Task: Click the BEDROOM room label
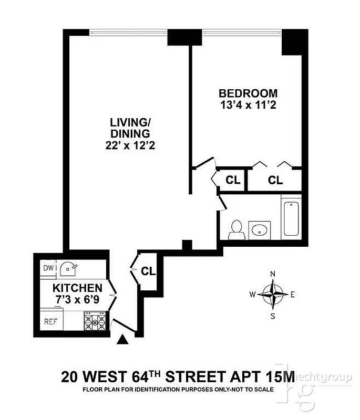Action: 248,93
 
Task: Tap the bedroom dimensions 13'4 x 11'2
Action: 248,105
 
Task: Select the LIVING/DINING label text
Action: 130,128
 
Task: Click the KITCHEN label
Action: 77,288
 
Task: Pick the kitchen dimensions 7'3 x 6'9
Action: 77,299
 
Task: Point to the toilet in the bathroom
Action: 236,228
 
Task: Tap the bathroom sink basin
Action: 259,230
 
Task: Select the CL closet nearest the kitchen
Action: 148,271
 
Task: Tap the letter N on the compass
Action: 272,274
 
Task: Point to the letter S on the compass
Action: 272,316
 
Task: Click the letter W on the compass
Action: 253,295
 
